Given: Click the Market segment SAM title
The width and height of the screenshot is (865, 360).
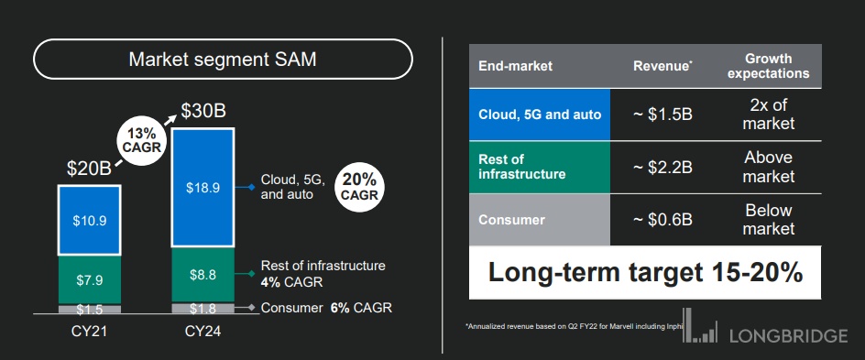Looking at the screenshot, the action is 223,59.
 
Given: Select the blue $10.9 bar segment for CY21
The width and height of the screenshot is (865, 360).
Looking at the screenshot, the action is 90,221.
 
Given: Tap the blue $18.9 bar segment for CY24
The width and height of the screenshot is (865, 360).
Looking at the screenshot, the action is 204,188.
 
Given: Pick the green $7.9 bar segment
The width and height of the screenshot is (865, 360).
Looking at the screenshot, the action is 90,280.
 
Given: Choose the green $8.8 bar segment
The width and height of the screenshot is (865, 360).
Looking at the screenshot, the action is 204,275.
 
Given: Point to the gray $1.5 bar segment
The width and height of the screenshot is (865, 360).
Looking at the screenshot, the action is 90,309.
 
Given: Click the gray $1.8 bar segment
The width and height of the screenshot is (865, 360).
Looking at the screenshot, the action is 204,308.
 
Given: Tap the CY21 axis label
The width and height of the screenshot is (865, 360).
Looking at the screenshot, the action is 90,332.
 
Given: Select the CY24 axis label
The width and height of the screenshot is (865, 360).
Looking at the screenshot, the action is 204,332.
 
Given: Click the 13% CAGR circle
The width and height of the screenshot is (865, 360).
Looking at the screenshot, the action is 142,140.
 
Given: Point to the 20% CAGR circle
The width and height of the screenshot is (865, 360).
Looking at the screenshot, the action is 359,188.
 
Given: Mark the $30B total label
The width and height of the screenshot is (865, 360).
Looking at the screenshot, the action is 203,113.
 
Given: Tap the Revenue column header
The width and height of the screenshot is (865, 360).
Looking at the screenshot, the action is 662,66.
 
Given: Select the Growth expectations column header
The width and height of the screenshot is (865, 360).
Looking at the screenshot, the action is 769,66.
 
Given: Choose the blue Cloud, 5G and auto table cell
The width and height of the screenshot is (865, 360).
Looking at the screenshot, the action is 540,115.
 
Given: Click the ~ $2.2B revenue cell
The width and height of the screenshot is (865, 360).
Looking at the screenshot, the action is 662,167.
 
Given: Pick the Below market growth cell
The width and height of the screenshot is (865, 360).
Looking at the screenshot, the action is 769,220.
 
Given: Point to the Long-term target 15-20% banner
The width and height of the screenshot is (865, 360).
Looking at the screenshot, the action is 645,273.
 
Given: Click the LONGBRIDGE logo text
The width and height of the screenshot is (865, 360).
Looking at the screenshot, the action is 788,335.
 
